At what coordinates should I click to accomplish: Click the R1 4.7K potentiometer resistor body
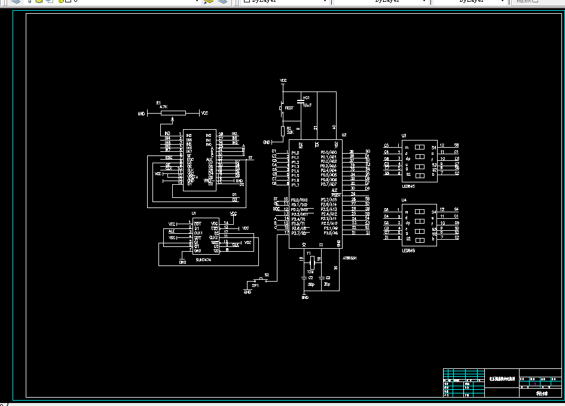point(174,112)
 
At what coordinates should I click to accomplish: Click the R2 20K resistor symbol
point(283,131)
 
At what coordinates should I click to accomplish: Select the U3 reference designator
point(404,136)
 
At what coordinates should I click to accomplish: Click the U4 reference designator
point(404,200)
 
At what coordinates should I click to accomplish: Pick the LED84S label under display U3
point(409,187)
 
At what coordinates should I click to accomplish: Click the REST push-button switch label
point(289,108)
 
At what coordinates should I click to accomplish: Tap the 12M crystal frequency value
point(310,271)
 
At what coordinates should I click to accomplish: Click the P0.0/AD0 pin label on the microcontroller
point(328,152)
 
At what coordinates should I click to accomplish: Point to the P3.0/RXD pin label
point(299,199)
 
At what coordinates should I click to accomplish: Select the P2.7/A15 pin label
point(329,199)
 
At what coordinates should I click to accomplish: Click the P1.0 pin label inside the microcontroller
point(295,152)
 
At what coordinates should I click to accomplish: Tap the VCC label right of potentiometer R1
point(204,113)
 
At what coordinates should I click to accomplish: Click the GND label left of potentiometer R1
point(141,113)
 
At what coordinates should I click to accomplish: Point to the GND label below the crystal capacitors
point(305,297)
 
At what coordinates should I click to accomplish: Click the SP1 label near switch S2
point(255,286)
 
